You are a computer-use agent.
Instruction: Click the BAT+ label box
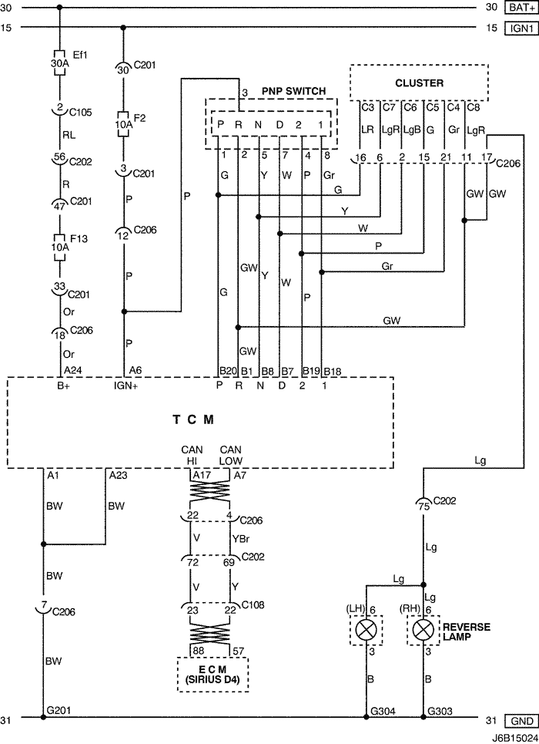click(522, 7)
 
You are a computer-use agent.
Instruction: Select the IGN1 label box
click(522, 28)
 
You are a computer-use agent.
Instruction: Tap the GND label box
click(522, 721)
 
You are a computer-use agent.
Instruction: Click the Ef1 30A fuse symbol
click(60, 62)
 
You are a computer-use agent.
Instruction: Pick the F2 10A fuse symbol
click(123, 124)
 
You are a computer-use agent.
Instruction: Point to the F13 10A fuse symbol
click(60, 247)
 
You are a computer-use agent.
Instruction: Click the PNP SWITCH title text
click(293, 91)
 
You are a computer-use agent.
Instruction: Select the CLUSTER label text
click(419, 83)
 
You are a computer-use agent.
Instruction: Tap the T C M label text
click(193, 419)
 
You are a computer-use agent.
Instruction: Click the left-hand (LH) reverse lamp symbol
click(367, 630)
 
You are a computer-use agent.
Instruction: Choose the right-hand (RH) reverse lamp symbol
click(423, 630)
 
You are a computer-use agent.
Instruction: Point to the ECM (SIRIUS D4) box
click(213, 675)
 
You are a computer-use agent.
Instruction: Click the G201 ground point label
click(59, 710)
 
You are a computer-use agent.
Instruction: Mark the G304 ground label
click(383, 712)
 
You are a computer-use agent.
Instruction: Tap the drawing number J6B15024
click(514, 739)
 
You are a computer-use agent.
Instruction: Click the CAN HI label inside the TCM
click(192, 455)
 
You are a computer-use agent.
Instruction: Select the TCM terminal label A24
click(73, 371)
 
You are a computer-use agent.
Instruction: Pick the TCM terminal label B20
click(228, 371)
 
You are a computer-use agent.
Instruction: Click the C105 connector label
click(81, 113)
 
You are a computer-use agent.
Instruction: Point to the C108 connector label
click(253, 605)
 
